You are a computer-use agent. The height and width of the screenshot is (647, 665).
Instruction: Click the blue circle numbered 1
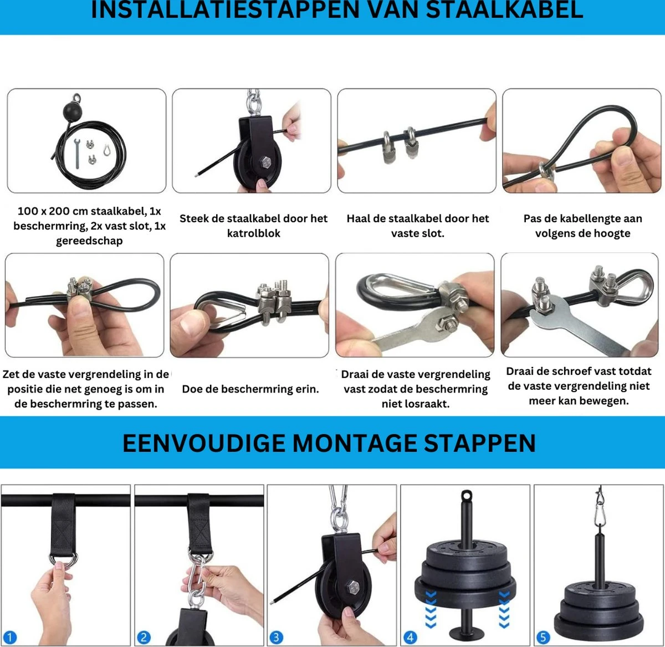coord(10,638)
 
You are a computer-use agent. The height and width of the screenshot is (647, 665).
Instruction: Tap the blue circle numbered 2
coord(144,638)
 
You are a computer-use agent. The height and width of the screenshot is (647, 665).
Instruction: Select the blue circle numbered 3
coord(276,638)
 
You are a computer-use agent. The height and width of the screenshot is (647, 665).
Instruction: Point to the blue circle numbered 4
coord(410,638)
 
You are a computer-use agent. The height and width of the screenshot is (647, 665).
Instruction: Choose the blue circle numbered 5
coord(543,638)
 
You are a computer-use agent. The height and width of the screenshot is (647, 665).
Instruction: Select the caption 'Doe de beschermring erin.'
coord(250,389)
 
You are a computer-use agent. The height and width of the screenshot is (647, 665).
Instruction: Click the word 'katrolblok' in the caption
coord(253,233)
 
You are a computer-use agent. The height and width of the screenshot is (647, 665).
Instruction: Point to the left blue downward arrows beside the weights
coord(431,609)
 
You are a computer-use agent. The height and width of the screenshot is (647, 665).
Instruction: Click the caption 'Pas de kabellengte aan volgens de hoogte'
coord(582,226)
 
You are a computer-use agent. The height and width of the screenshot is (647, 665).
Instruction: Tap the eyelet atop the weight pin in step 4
coord(465,495)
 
